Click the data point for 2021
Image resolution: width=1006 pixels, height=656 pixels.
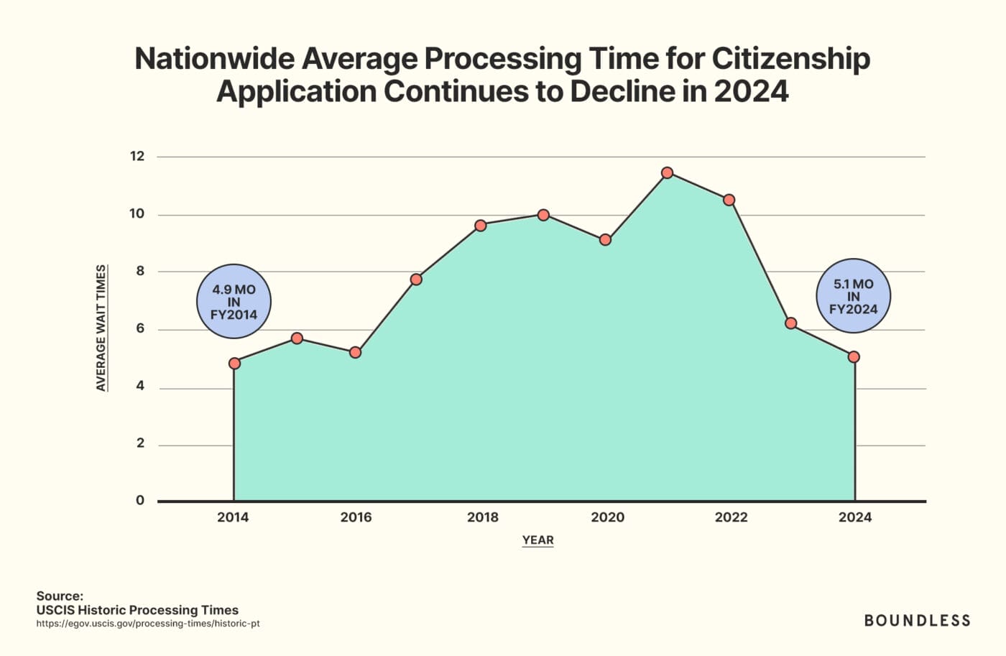667,172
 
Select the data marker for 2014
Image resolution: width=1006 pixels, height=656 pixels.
234,363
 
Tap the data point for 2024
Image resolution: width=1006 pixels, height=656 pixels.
854,356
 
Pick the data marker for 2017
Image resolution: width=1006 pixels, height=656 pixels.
416,279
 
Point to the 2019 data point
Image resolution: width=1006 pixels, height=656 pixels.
543,215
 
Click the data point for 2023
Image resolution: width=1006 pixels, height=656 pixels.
791,323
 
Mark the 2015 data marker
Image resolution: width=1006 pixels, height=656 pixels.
297,338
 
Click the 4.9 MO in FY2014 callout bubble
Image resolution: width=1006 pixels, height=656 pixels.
234,302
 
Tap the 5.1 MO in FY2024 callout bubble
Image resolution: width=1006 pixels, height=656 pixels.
853,296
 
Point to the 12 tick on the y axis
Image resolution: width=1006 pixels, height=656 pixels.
137,156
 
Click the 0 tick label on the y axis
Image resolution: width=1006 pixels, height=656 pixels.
140,500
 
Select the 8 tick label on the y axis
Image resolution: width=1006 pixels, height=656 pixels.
140,271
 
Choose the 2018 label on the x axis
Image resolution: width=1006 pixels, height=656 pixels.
482,517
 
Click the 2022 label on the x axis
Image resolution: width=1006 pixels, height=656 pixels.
731,517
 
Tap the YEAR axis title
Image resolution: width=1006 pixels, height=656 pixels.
537,540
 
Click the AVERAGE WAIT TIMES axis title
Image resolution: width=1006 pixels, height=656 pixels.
101,328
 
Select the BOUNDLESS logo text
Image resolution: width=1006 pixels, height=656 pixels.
917,620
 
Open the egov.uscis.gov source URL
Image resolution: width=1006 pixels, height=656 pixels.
148,624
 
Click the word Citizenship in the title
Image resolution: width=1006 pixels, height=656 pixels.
790,59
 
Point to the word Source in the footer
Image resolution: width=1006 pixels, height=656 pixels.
60,596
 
